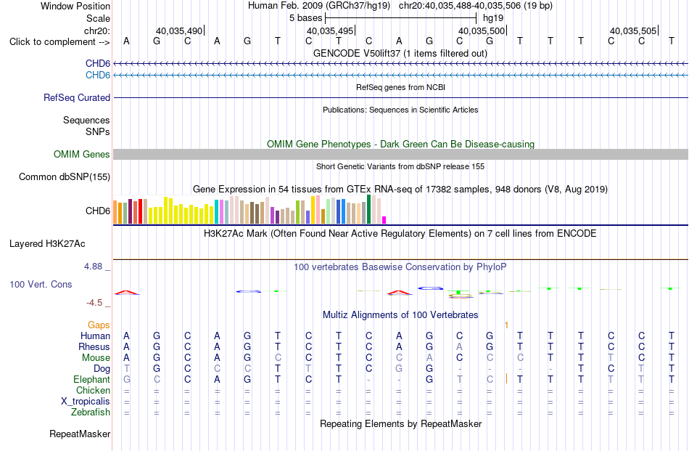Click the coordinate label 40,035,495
point(330,31)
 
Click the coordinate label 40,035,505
point(633,31)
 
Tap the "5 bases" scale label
point(306,18)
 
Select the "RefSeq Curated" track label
point(77,97)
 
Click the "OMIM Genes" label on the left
point(82,155)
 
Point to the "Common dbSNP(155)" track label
point(65,177)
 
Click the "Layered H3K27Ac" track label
point(47,244)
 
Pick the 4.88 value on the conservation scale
point(93,267)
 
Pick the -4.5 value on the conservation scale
point(94,303)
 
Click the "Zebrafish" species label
point(91,413)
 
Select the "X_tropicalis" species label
point(86,402)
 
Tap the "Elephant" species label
point(92,379)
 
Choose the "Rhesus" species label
point(94,346)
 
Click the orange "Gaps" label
point(99,325)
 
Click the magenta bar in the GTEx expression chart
point(384,220)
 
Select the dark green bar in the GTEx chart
point(369,209)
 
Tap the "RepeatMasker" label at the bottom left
point(80,434)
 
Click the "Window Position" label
point(75,6)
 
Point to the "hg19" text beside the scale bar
point(493,18)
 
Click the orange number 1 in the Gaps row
point(507,325)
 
